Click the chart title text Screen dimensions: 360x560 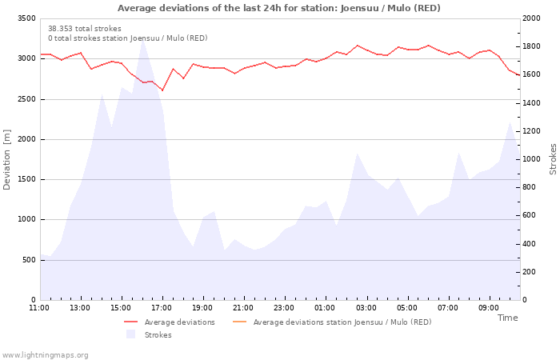[x=279, y=8]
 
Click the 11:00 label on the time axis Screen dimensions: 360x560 [x=39, y=308]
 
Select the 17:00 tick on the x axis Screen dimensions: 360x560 [x=162, y=308]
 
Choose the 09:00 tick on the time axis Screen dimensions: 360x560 [x=489, y=308]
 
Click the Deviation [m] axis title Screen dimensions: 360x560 [x=7, y=159]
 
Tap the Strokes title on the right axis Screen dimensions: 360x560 [x=553, y=159]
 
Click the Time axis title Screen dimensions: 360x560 [x=507, y=318]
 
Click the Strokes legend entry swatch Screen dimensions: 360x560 [x=131, y=335]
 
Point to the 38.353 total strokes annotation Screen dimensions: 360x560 [x=85, y=29]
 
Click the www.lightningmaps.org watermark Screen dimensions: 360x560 [x=45, y=354]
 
